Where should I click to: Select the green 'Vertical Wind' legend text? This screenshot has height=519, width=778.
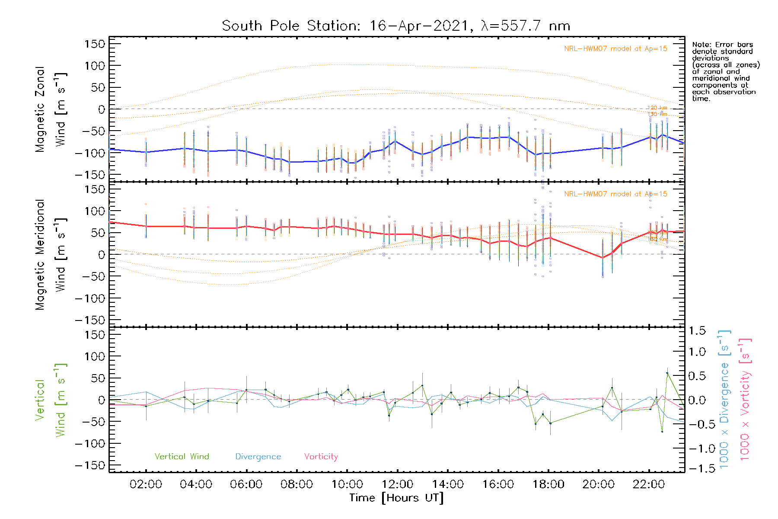click(x=182, y=456)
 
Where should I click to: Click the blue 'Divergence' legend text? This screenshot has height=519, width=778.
click(x=258, y=456)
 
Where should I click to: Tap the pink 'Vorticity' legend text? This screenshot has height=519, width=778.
click(x=321, y=456)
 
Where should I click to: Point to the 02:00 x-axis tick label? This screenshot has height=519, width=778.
click(x=146, y=484)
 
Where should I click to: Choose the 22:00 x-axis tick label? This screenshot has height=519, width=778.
click(x=648, y=484)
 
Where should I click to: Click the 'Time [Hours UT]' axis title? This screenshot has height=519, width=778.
click(x=396, y=498)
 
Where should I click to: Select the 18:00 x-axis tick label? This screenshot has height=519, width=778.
click(x=548, y=484)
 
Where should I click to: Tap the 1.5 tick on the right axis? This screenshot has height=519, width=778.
click(x=697, y=331)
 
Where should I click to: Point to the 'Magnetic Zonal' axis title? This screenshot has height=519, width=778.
click(x=40, y=109)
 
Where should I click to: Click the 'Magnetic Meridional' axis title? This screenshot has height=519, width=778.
click(x=40, y=255)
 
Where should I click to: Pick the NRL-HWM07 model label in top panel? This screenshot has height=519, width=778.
click(x=615, y=49)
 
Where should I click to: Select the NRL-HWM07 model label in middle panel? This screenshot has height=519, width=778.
click(x=615, y=194)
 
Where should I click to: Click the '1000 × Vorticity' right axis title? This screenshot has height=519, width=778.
click(x=745, y=400)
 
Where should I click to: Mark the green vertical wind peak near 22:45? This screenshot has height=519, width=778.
click(x=667, y=373)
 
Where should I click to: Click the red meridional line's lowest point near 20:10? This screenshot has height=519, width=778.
click(x=603, y=258)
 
